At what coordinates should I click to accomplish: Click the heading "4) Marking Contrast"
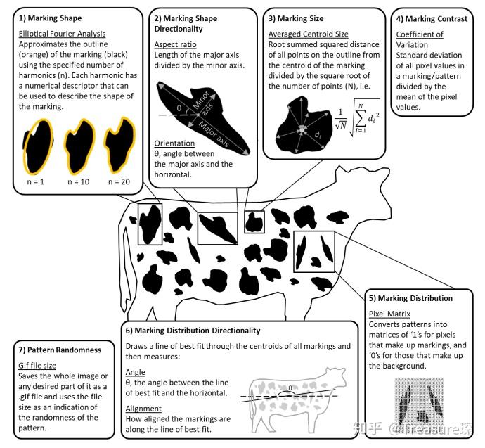[432, 19]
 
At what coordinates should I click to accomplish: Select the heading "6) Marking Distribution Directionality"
[193, 330]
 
